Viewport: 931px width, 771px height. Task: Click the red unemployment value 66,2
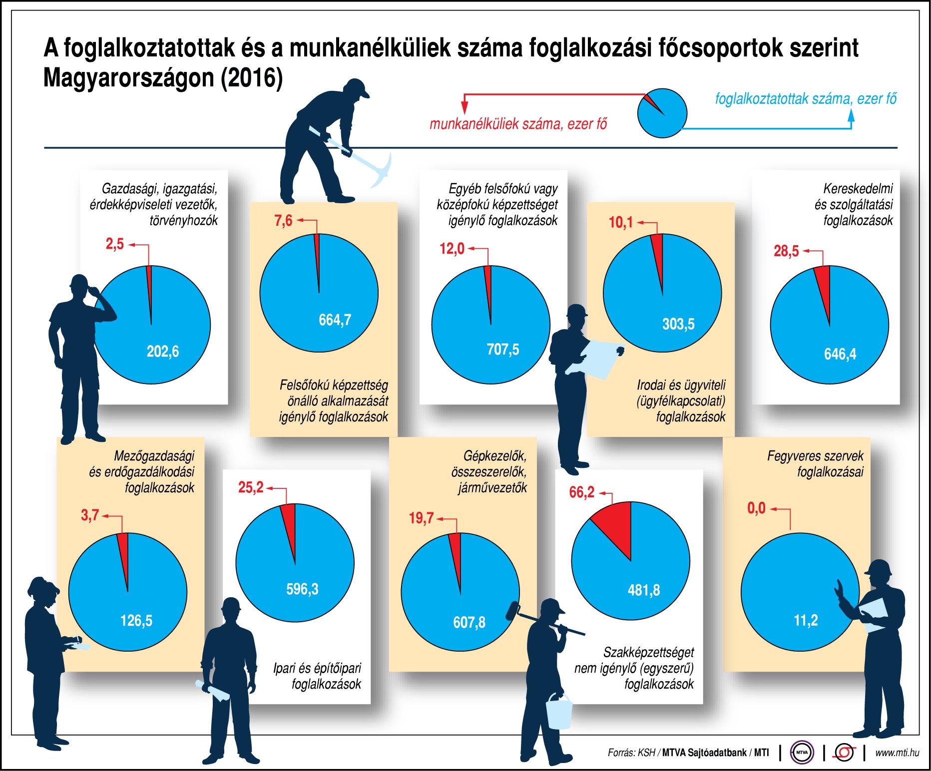pyautogui.click(x=581, y=492)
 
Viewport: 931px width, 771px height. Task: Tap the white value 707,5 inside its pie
pyautogui.click(x=502, y=349)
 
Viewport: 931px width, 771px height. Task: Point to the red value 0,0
pyautogui.click(x=756, y=508)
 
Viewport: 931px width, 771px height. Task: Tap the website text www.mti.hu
pyautogui.click(x=897, y=752)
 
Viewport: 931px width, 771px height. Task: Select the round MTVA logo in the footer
pyautogui.click(x=802, y=752)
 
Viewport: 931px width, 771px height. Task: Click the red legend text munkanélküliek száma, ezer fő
pyautogui.click(x=518, y=124)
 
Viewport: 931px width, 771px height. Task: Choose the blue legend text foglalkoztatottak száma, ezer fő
pyautogui.click(x=805, y=98)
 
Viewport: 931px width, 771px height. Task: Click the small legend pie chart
pyautogui.click(x=662, y=113)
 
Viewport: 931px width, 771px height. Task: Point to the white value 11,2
pyautogui.click(x=805, y=620)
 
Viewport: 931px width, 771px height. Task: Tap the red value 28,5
pyautogui.click(x=786, y=251)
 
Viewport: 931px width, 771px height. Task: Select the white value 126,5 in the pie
pyautogui.click(x=136, y=621)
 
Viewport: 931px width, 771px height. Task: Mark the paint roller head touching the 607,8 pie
pyautogui.click(x=513, y=611)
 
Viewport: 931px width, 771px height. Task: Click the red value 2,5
pyautogui.click(x=114, y=244)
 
